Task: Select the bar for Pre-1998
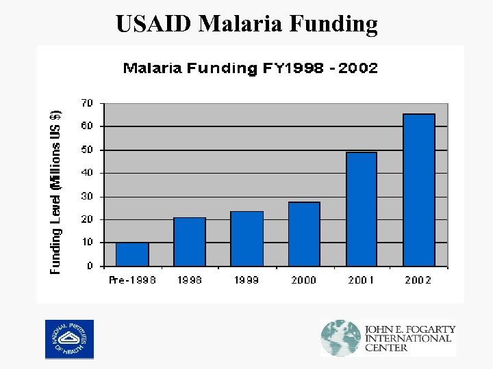point(132,254)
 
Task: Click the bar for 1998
point(190,242)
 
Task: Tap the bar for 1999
point(246,238)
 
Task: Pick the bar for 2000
point(304,234)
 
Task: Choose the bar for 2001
point(362,209)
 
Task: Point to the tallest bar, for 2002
point(419,190)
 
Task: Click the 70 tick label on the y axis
point(87,103)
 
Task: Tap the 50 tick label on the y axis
point(87,150)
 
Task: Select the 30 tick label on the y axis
point(87,196)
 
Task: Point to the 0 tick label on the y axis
point(90,266)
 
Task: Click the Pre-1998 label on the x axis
point(132,280)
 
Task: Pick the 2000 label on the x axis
point(303,280)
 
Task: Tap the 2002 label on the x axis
point(418,280)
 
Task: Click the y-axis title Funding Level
point(56,192)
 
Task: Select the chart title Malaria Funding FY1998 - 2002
point(250,68)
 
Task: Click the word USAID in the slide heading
point(155,24)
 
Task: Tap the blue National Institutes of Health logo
point(69,339)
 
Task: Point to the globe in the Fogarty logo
point(340,338)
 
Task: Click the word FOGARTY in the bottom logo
point(429,329)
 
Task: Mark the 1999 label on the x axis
point(246,280)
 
